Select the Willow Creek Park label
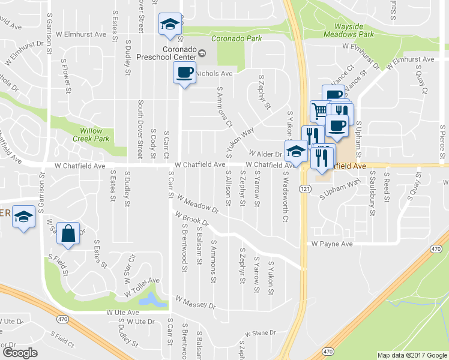click(93, 134)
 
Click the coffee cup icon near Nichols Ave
click(184, 73)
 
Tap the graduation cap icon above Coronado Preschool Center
click(169, 25)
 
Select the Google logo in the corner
click(20, 353)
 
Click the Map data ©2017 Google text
click(411, 355)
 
